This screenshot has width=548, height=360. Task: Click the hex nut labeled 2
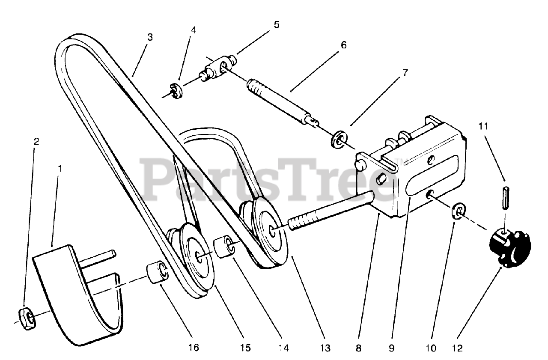[x=27, y=318]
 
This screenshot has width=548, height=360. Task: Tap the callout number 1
[x=60, y=169]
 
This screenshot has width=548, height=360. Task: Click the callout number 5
[x=277, y=24]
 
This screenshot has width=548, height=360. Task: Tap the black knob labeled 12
[x=509, y=248]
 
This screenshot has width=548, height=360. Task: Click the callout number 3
[x=149, y=37]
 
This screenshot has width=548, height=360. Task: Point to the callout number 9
[x=391, y=348]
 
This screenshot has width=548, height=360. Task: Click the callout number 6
[x=344, y=45]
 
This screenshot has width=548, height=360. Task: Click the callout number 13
[x=326, y=348]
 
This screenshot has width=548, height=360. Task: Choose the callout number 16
[x=194, y=348]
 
